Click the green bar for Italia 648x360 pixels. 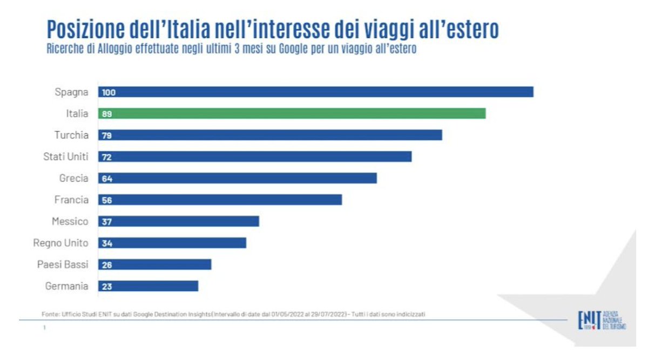pyautogui.click(x=292, y=113)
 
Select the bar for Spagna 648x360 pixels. pyautogui.click(x=316, y=92)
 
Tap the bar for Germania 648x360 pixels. pyautogui.click(x=148, y=286)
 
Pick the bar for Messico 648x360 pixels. pyautogui.click(x=179, y=221)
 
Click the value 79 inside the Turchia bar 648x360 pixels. pyautogui.click(x=106, y=135)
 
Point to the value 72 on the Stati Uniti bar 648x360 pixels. pyautogui.click(x=106, y=157)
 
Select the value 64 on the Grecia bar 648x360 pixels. pyautogui.click(x=106, y=179)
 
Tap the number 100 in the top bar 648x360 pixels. pyautogui.click(x=109, y=92)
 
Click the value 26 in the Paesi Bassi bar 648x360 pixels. pyautogui.click(x=106, y=265)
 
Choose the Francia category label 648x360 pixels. pyautogui.click(x=71, y=200)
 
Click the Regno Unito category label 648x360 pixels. pyautogui.click(x=60, y=243)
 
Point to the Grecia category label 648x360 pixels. pyautogui.click(x=73, y=178)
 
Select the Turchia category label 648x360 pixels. pyautogui.click(x=71, y=135)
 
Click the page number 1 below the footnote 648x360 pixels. pyautogui.click(x=44, y=327)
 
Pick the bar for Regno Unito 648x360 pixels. pyautogui.click(x=172, y=243)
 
